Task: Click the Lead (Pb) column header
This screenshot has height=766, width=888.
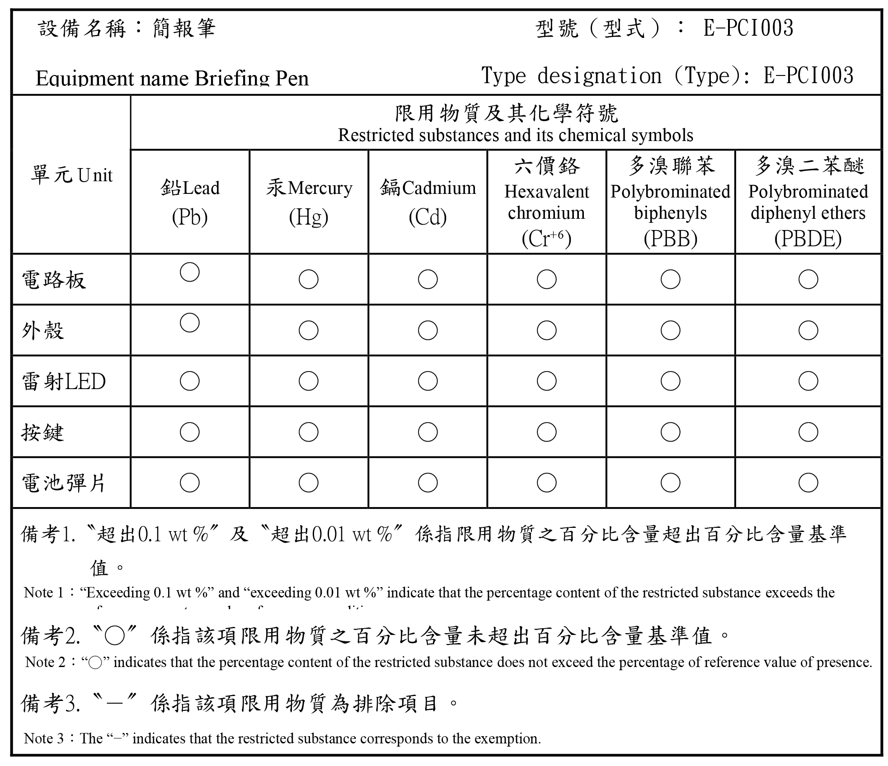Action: (190, 202)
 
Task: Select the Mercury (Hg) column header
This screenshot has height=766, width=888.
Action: (309, 202)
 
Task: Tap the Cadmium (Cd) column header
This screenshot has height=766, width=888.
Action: (428, 202)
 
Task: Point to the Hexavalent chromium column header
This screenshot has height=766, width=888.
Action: (546, 202)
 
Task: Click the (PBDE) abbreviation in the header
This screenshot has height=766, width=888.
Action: (808, 239)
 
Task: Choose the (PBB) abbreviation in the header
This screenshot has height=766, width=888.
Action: (670, 239)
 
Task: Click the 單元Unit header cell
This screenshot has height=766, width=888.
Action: (71, 175)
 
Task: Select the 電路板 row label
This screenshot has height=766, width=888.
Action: (54, 280)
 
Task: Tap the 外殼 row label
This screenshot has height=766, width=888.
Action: (43, 330)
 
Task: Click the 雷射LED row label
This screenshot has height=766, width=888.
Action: (64, 381)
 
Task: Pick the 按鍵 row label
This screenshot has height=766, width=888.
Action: (43, 432)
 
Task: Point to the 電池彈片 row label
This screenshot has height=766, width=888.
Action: (64, 483)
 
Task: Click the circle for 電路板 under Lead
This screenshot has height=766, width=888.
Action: (190, 272)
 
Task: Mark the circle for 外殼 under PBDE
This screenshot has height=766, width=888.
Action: (808, 330)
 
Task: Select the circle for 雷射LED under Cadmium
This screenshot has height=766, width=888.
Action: (428, 381)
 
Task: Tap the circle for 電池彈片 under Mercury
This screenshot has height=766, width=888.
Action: (309, 483)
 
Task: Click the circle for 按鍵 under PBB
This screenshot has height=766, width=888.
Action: (670, 432)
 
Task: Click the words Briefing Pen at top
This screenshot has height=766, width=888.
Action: (252, 79)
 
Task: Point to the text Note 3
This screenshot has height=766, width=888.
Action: (44, 738)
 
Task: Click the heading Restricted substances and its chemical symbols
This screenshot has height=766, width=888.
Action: (515, 135)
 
